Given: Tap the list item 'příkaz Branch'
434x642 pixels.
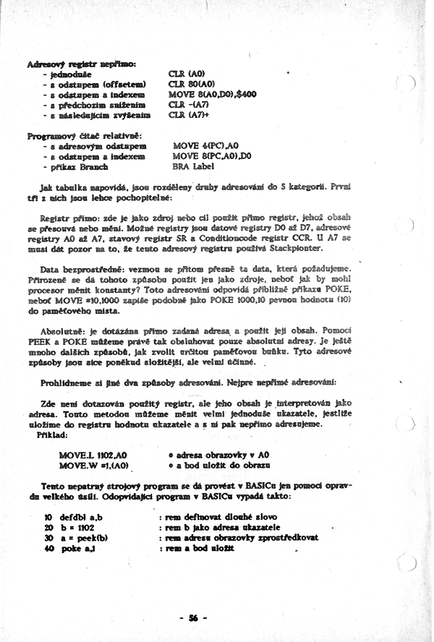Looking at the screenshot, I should tap(77, 166).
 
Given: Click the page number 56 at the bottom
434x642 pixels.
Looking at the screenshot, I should tap(194, 617).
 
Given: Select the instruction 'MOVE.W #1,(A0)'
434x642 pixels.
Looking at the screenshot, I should tap(93, 466).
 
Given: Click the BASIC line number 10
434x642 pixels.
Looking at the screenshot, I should tap(48, 518).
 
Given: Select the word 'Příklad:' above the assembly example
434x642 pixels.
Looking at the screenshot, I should tap(52, 437).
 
